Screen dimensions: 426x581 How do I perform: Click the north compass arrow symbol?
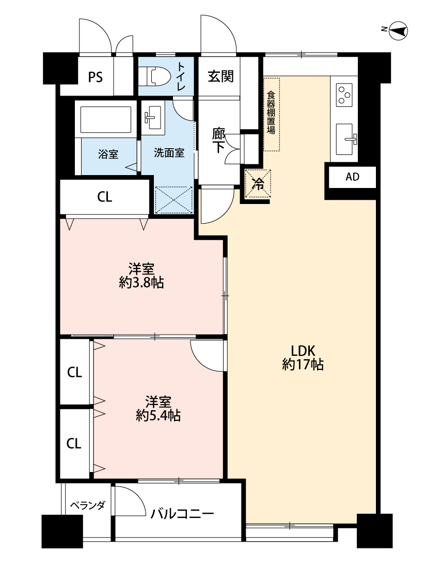click(x=398, y=31)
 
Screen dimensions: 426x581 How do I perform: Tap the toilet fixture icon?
click(x=155, y=76)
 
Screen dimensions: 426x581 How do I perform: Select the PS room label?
click(x=95, y=77)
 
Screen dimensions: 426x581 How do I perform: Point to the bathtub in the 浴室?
click(x=105, y=119)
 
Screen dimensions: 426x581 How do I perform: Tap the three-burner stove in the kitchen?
click(x=344, y=95)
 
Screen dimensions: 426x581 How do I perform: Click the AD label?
click(x=352, y=177)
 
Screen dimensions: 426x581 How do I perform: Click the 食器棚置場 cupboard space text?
click(x=271, y=112)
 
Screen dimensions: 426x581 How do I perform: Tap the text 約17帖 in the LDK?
click(x=303, y=365)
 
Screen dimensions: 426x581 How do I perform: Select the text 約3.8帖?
click(x=141, y=282)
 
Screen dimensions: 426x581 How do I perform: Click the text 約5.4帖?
click(x=158, y=416)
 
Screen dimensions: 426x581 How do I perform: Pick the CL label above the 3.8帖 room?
click(x=104, y=197)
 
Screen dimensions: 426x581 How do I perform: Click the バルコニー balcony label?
click(x=182, y=513)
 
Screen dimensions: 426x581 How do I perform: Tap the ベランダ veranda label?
click(x=87, y=505)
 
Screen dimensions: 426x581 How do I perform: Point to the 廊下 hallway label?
click(x=218, y=140)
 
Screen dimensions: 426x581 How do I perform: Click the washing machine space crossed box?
click(x=173, y=200)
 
